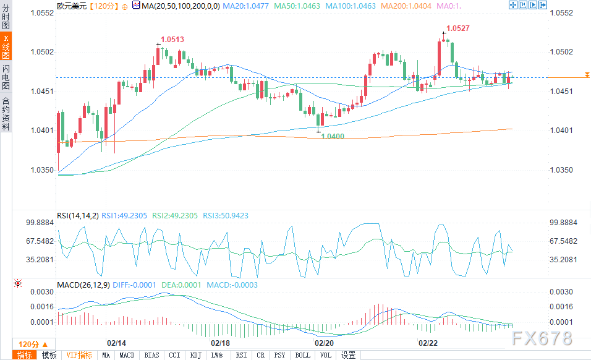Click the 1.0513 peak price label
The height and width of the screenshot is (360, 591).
[x=172, y=40]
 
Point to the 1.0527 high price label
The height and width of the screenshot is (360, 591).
[x=458, y=28]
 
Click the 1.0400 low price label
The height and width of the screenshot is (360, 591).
[x=333, y=136]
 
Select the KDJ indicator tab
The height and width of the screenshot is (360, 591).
[x=196, y=355]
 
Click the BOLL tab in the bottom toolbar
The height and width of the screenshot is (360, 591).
[x=303, y=355]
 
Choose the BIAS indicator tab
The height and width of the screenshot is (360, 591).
[x=151, y=355]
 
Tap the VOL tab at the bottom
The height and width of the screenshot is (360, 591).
[x=325, y=355]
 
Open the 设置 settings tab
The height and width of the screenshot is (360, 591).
[x=348, y=355]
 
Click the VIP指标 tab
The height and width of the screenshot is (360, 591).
[x=80, y=355]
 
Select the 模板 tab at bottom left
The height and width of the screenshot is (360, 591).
[x=49, y=355]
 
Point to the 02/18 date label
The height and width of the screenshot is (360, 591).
[x=220, y=343]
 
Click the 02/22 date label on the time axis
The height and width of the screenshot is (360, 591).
[x=428, y=343]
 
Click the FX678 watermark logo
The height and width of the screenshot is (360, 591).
[x=542, y=338]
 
